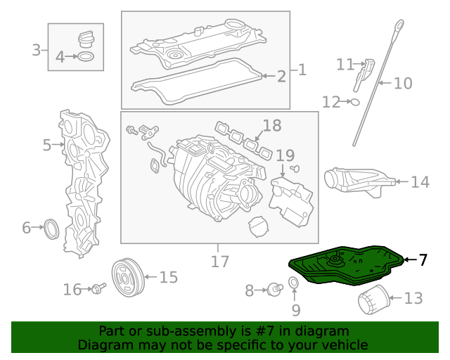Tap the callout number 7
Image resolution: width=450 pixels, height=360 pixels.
pyautogui.click(x=423, y=259)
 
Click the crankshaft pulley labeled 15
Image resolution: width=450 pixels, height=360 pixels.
pyautogui.click(x=129, y=276)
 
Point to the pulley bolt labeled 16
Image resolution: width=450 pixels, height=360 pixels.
pyautogui.click(x=96, y=288)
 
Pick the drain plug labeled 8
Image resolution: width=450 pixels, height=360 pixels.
pyautogui.click(x=274, y=288)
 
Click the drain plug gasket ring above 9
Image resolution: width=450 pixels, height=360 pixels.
pyautogui.click(x=295, y=284)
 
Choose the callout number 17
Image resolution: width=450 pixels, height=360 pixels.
pyautogui.click(x=220, y=262)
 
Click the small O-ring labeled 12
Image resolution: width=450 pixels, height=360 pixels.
pyautogui.click(x=354, y=102)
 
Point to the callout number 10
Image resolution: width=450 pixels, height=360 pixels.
pyautogui.click(x=402, y=84)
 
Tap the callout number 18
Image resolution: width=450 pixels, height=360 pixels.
pyautogui.click(x=271, y=127)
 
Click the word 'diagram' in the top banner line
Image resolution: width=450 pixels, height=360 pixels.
pyautogui.click(x=322, y=331)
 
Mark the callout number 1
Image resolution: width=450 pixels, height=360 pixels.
pyautogui.click(x=302, y=70)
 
